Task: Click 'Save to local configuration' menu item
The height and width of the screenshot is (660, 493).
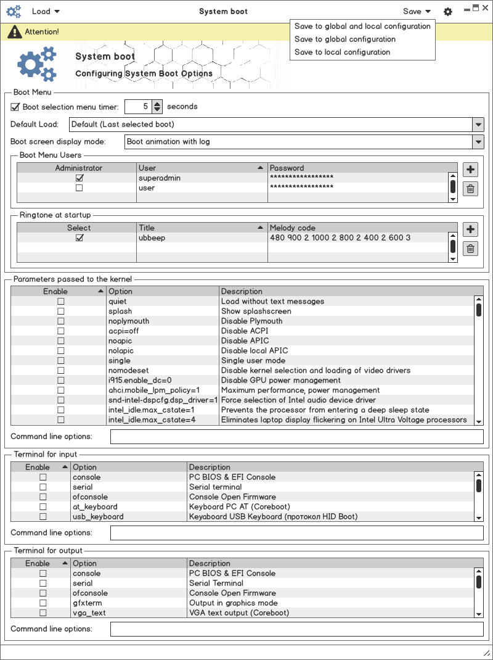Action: point(342,52)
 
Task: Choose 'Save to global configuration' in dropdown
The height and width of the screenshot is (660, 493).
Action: point(344,39)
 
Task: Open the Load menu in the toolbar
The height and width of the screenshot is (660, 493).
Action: point(46,11)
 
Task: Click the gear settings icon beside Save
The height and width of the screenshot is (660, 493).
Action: point(448,12)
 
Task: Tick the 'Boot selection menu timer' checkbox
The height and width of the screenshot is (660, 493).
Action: point(15,107)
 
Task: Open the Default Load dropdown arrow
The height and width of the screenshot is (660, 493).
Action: point(478,125)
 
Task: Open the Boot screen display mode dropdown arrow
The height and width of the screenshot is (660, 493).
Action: point(478,142)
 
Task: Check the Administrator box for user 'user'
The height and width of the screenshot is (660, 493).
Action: point(79,188)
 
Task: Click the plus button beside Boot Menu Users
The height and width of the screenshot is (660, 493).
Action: point(470,170)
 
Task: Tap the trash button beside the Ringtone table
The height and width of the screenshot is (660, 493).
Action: point(470,249)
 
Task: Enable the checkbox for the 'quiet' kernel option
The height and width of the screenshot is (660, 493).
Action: point(61,302)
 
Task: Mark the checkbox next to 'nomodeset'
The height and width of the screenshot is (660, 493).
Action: point(61,371)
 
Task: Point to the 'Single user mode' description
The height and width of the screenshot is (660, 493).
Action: point(253,361)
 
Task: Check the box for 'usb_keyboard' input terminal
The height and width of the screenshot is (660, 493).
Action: point(43,517)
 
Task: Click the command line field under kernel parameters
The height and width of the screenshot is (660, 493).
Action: point(296,437)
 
